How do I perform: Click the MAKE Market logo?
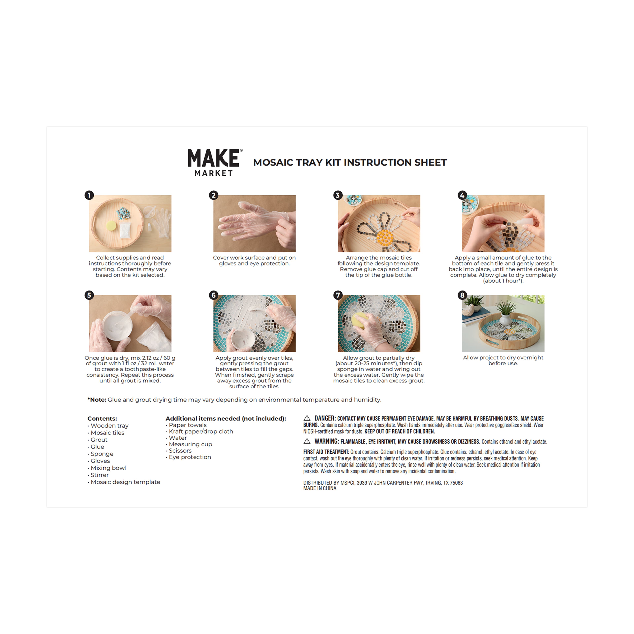(215, 162)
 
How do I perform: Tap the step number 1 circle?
(89, 195)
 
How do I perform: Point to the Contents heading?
(102, 418)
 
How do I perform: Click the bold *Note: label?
(97, 400)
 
